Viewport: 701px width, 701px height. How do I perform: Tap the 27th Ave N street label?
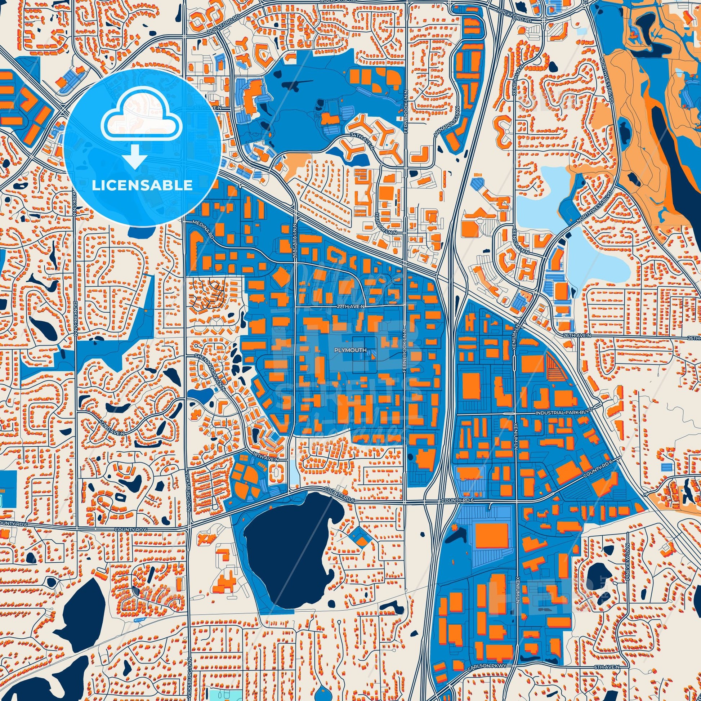coord(350,307)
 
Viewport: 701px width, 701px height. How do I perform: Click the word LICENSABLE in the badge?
coord(142,185)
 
